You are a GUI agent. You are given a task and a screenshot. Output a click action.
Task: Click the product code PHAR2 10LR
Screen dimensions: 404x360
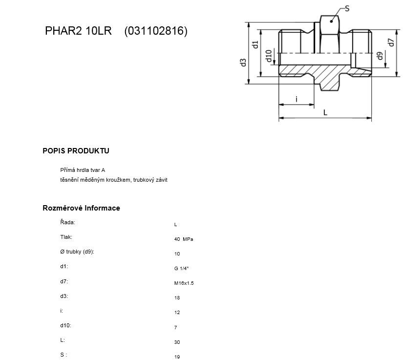(x=78, y=31)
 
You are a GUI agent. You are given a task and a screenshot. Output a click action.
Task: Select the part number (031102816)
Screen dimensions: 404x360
(x=156, y=31)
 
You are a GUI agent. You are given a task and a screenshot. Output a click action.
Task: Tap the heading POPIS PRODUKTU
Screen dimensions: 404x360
(x=76, y=151)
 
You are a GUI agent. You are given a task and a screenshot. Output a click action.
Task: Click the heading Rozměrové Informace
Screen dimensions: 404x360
(x=81, y=208)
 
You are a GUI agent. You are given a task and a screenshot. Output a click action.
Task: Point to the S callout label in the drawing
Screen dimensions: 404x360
(x=347, y=8)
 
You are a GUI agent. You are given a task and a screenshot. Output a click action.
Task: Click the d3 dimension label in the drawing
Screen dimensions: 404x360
(x=243, y=63)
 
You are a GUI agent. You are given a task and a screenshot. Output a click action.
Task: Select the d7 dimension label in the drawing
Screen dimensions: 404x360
(x=391, y=42)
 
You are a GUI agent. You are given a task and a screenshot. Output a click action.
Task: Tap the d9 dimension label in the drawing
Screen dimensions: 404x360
(x=380, y=56)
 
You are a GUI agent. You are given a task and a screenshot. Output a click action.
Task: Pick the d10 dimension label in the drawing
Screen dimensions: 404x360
(x=269, y=56)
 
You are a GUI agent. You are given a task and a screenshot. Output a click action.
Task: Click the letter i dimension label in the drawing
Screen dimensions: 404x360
(x=297, y=99)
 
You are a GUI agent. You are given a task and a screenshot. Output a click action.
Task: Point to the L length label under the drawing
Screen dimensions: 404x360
(x=325, y=112)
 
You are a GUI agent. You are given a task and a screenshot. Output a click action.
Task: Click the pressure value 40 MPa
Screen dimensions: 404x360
(x=184, y=239)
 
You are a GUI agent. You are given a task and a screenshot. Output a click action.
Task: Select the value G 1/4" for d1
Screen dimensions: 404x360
(x=181, y=269)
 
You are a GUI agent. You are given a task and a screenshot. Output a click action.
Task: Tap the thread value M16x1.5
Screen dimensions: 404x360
(x=184, y=283)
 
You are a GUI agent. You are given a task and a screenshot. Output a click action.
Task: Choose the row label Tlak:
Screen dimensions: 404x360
(x=66, y=237)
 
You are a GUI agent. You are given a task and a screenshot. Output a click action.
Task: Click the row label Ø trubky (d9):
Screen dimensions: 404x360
(x=77, y=252)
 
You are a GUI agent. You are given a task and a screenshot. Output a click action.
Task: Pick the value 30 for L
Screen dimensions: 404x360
(x=177, y=342)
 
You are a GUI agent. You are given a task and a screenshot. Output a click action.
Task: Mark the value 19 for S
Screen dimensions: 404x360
(x=177, y=357)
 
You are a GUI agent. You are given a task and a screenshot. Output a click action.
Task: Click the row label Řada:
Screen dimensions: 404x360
(x=68, y=222)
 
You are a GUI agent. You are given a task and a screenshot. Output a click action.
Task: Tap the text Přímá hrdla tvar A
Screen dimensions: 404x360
(x=83, y=170)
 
